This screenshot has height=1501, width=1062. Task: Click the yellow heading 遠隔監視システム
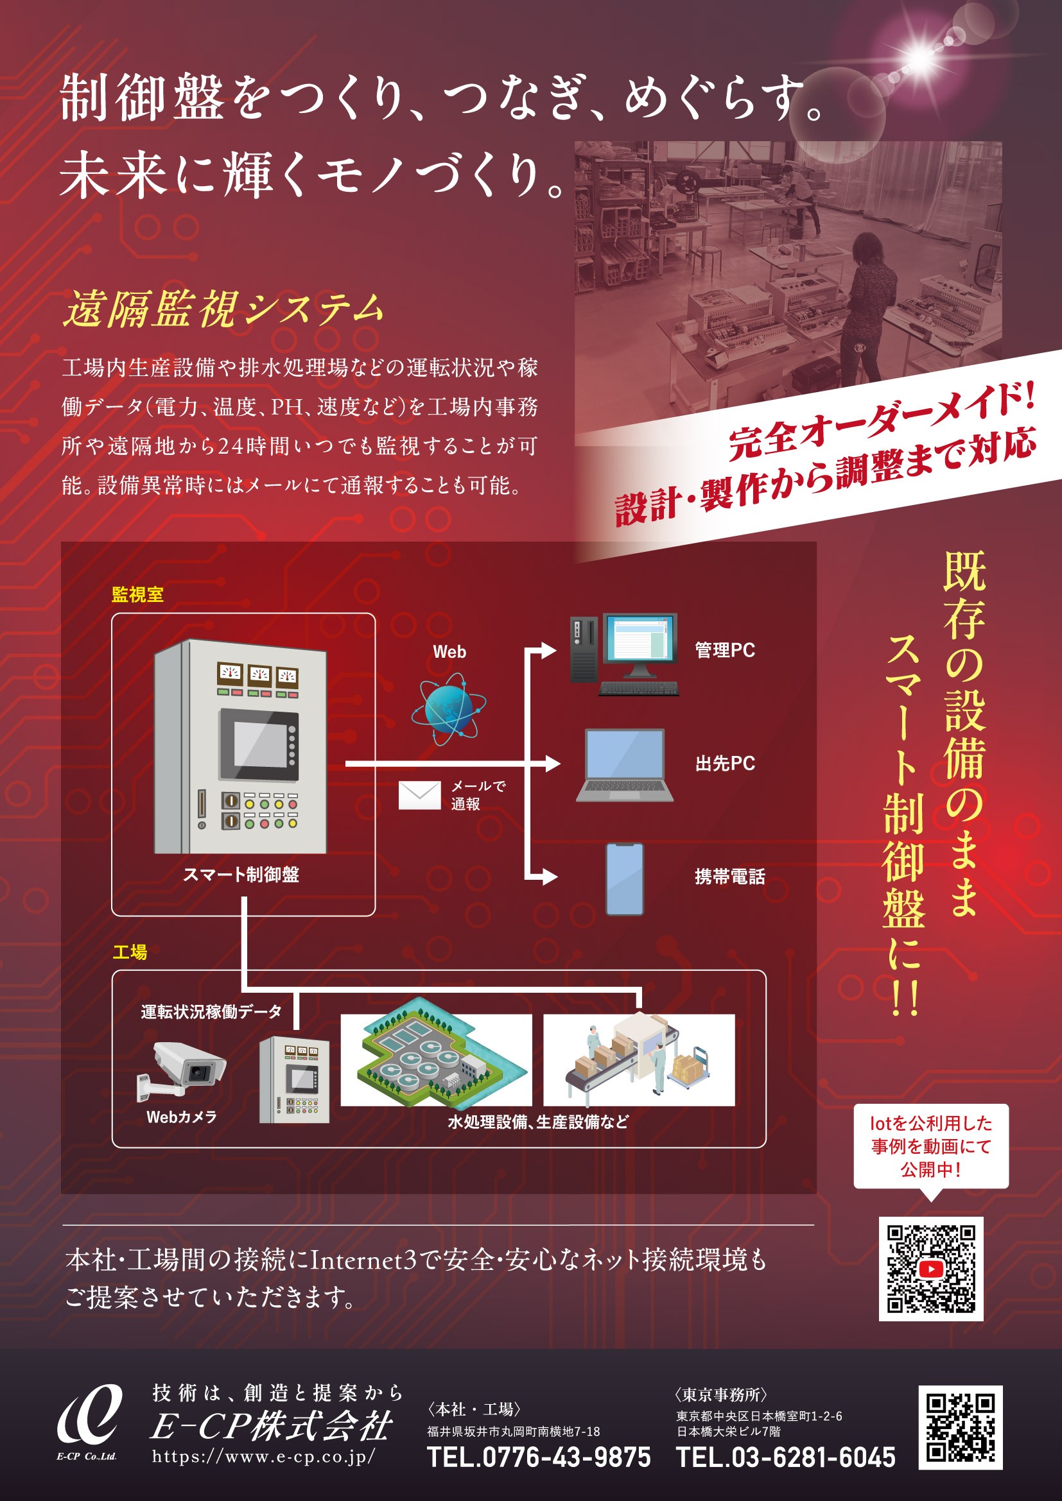point(223,309)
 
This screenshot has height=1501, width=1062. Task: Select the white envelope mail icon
point(419,795)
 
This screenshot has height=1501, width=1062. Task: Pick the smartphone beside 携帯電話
point(625,879)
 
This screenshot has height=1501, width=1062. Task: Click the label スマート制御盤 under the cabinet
point(241,875)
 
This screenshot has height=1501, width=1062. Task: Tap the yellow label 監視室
point(137,594)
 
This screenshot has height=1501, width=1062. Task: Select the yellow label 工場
point(130,952)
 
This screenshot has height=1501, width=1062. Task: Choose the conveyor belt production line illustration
point(638,1059)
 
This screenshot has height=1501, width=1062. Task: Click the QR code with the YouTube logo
point(930,1268)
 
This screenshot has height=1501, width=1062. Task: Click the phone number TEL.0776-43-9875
point(538,1457)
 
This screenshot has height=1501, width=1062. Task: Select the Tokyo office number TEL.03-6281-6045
point(785,1457)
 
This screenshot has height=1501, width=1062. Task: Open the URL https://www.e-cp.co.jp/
point(263,1456)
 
